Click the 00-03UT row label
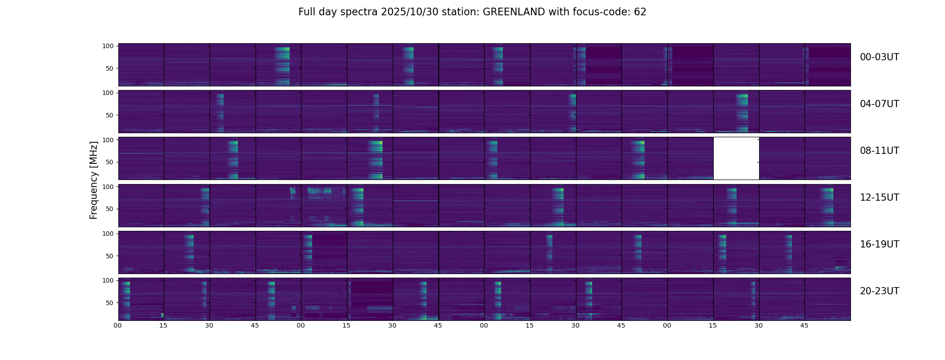tap(879, 57)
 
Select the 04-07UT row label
tap(879, 104)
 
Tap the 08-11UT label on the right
tap(879, 151)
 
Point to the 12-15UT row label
tap(879, 198)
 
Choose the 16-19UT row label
tap(879, 244)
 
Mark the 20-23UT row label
tap(879, 291)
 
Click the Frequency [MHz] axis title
tap(94, 180)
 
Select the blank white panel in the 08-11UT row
tap(736, 158)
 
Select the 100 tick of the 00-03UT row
tap(108, 46)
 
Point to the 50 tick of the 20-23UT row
tap(110, 303)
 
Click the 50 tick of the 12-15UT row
tap(110, 209)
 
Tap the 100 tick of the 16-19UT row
tap(108, 234)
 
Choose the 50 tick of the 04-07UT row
tap(110, 116)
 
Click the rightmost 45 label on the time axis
tap(804, 325)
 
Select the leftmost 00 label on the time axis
tap(117, 325)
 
